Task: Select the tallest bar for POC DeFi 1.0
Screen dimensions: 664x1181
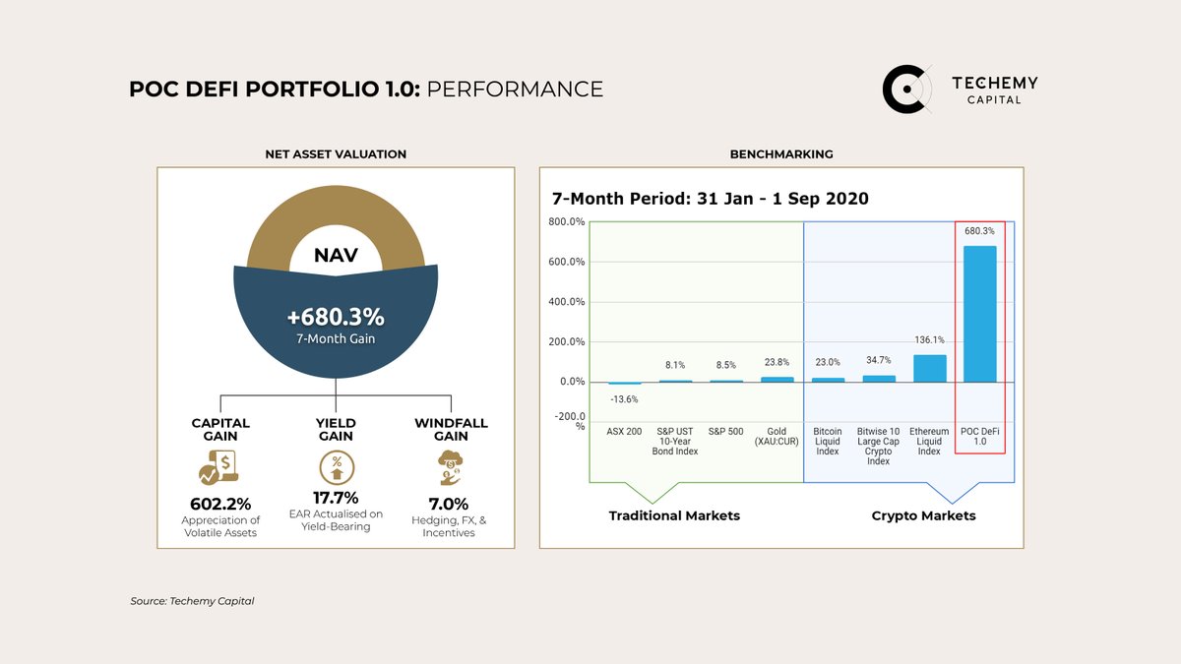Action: [x=979, y=314]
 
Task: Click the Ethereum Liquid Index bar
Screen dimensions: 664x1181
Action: [x=930, y=368]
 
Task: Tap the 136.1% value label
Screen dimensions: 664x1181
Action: [x=930, y=340]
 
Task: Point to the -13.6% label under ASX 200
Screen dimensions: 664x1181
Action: [x=624, y=399]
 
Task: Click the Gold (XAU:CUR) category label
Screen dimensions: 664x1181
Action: [x=777, y=437]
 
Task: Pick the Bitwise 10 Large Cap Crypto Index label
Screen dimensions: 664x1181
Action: [x=879, y=447]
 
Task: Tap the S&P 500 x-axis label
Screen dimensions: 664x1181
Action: [x=725, y=432]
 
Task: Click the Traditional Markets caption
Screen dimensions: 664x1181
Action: [x=674, y=515]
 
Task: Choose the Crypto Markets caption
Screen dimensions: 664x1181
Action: [x=923, y=515]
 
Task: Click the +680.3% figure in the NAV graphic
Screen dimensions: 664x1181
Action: [x=336, y=318]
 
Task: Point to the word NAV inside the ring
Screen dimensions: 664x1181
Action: [x=336, y=256]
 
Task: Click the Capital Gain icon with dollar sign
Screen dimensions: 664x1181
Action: [x=220, y=468]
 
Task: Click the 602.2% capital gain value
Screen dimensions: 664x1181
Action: [x=220, y=502]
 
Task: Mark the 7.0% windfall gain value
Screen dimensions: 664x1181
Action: [x=450, y=502]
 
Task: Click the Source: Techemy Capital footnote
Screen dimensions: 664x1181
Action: [x=192, y=601]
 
